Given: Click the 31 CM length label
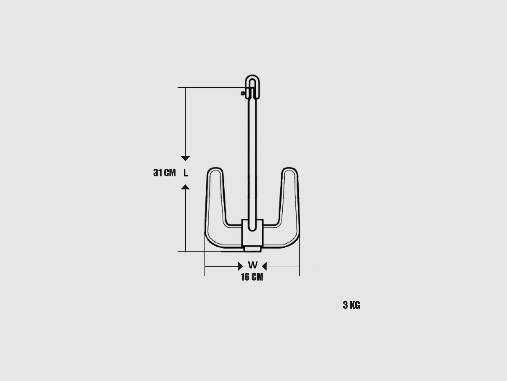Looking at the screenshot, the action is pos(164,173).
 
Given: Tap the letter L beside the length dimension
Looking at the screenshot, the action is pos(185,173).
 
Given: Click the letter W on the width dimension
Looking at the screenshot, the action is pos(253,265).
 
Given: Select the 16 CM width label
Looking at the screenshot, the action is pos(252,277).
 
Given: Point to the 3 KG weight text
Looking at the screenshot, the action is pos(351,305).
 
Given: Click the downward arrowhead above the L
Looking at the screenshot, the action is pos(185,158).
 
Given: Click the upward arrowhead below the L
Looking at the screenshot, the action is pos(185,187).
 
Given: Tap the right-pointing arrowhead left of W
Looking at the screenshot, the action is pos(241,266).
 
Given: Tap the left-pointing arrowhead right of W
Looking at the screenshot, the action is pos(265,266).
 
